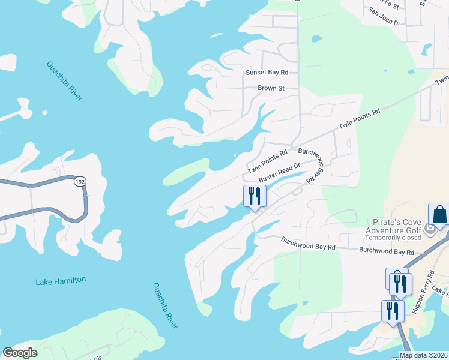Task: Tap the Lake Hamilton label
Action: (x=61, y=280)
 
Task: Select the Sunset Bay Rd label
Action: (x=267, y=73)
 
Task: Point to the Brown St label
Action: (x=271, y=88)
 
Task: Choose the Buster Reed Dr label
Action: (x=279, y=174)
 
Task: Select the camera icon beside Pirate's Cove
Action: (x=429, y=229)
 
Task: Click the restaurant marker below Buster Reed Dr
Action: (x=255, y=196)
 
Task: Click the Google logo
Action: (x=20, y=353)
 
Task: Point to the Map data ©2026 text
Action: (x=423, y=355)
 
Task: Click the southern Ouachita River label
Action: (x=166, y=305)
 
